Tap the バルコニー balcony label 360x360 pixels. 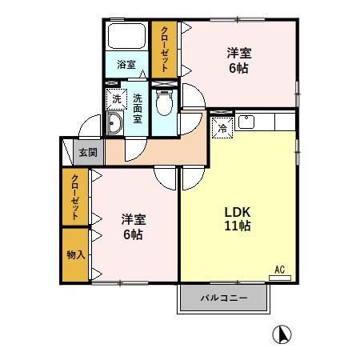point(223,298)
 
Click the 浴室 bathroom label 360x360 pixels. point(126,65)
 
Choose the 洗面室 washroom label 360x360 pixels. point(138,108)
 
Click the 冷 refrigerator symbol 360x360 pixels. point(222,126)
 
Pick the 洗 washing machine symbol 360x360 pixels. point(116,99)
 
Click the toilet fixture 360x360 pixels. point(164,104)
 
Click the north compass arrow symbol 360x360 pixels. point(282,334)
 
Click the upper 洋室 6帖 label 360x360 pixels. point(238,61)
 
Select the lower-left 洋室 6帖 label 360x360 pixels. point(133,226)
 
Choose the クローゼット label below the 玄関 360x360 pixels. point(74,197)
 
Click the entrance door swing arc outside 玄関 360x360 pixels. point(90,127)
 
